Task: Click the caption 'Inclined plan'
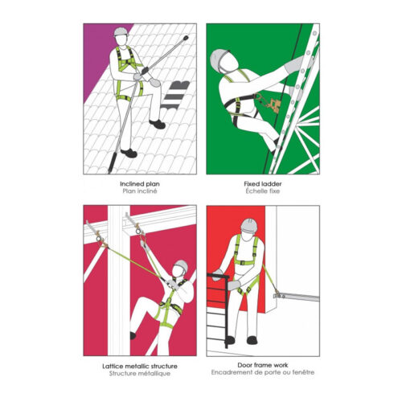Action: pos(140,184)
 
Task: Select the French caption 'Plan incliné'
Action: pos(140,191)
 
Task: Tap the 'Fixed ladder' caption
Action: pos(263,184)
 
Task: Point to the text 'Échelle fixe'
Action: pos(263,191)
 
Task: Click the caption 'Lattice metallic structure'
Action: pos(140,366)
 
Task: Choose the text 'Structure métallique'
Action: pos(140,373)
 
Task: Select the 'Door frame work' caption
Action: pos(263,365)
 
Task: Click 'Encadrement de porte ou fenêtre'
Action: pos(263,372)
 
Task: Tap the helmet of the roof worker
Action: pos(121,31)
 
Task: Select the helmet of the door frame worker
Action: pos(249,225)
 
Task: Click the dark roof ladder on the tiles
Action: pos(175,95)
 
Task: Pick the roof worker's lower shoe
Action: pos(129,153)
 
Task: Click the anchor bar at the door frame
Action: pos(297,297)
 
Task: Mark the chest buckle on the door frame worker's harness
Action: pos(243,263)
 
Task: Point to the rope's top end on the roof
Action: pos(186,38)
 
